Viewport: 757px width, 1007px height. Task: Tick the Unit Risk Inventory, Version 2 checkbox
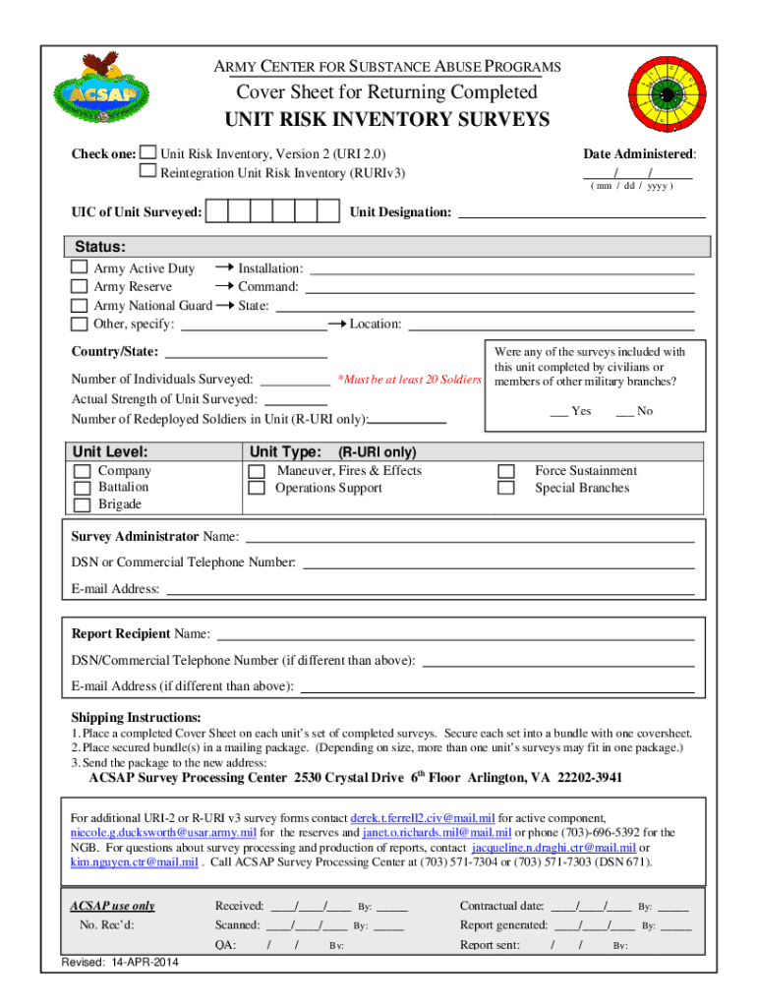click(148, 153)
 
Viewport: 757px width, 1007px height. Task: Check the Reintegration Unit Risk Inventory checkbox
click(148, 172)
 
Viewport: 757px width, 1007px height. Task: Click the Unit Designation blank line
click(582, 212)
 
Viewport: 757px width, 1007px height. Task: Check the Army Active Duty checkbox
click(80, 267)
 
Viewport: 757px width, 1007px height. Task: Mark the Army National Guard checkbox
click(80, 305)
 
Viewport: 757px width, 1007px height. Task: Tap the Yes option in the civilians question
click(570, 411)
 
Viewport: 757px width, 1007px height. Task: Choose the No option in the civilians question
click(634, 411)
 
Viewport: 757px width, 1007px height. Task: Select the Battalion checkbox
click(83, 488)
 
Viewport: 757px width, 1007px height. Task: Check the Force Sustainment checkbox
click(507, 471)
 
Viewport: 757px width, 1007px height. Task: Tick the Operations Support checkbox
click(257, 489)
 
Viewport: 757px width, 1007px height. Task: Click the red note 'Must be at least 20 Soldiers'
click(408, 380)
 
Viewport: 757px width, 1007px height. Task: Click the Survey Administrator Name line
click(470, 537)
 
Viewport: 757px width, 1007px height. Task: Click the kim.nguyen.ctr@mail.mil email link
click(134, 862)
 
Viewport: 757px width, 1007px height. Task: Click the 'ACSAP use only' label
click(112, 906)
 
